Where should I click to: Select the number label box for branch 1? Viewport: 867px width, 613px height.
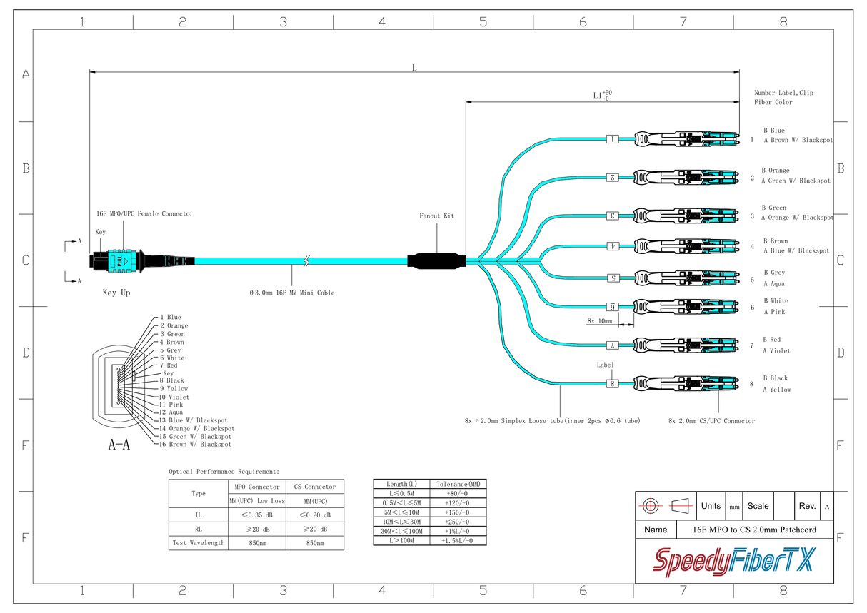612,139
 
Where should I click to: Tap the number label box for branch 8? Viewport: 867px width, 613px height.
612,384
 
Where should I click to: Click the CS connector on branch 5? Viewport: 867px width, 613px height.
686,278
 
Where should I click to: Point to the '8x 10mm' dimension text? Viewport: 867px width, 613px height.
600,321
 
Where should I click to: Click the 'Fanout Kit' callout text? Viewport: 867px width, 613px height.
436,216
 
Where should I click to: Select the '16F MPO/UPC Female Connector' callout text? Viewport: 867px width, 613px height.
144,213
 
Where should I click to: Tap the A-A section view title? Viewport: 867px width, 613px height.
119,445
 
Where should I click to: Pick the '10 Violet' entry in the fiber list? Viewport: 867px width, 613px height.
174,397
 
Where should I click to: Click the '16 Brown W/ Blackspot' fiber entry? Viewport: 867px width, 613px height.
194,444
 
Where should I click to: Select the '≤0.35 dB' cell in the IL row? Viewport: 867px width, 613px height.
256,515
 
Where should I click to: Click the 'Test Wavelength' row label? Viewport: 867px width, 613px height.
199,543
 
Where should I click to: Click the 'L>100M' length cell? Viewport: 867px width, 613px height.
402,541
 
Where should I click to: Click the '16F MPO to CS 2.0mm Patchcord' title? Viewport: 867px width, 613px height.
754,530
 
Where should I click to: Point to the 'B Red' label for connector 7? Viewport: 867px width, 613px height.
771,340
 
